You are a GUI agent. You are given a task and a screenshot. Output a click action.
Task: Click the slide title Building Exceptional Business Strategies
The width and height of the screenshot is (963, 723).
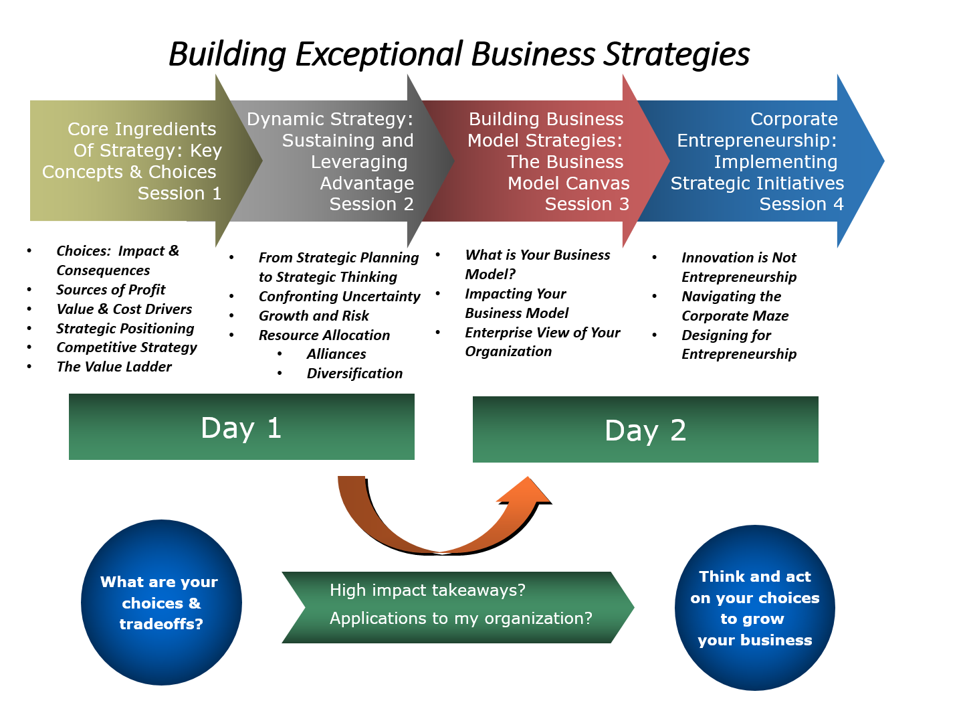click(x=459, y=54)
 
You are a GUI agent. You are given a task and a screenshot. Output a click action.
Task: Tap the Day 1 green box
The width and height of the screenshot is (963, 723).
click(x=241, y=427)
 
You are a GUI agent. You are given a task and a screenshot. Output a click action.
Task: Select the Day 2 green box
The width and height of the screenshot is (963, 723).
click(x=645, y=430)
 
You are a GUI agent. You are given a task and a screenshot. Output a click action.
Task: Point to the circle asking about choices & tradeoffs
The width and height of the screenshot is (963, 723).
click(x=161, y=602)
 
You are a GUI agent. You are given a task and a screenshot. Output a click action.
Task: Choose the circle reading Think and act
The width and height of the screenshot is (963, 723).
click(x=755, y=608)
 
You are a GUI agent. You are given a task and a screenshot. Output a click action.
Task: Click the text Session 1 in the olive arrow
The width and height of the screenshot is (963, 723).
click(x=179, y=193)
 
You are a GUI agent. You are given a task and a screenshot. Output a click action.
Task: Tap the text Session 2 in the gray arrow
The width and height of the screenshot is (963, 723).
click(x=371, y=204)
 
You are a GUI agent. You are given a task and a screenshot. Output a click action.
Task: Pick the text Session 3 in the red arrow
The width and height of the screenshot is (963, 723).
click(x=586, y=204)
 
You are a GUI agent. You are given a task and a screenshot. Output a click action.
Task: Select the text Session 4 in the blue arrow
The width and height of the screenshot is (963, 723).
click(x=801, y=204)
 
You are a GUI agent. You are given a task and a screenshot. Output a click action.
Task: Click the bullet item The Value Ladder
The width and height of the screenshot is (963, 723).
click(x=114, y=367)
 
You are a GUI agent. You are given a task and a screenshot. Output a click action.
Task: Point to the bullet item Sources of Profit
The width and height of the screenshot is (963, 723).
click(x=111, y=290)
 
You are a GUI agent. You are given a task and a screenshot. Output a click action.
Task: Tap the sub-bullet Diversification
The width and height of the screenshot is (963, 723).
click(x=354, y=374)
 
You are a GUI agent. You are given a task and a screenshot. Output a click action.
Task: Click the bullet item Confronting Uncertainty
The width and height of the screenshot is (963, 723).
click(x=340, y=297)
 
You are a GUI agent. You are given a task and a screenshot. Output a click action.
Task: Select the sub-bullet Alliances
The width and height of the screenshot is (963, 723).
click(x=336, y=354)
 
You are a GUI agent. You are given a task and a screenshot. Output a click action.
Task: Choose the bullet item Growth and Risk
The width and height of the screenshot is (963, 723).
click(x=314, y=316)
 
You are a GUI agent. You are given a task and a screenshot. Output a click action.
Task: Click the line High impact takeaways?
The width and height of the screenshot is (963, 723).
click(x=427, y=590)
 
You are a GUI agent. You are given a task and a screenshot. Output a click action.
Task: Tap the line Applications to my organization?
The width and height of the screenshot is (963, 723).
click(x=461, y=619)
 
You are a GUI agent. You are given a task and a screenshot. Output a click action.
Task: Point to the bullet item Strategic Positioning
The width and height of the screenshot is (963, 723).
click(x=125, y=329)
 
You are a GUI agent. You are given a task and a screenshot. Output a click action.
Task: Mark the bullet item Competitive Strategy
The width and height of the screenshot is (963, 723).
click(x=127, y=347)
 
